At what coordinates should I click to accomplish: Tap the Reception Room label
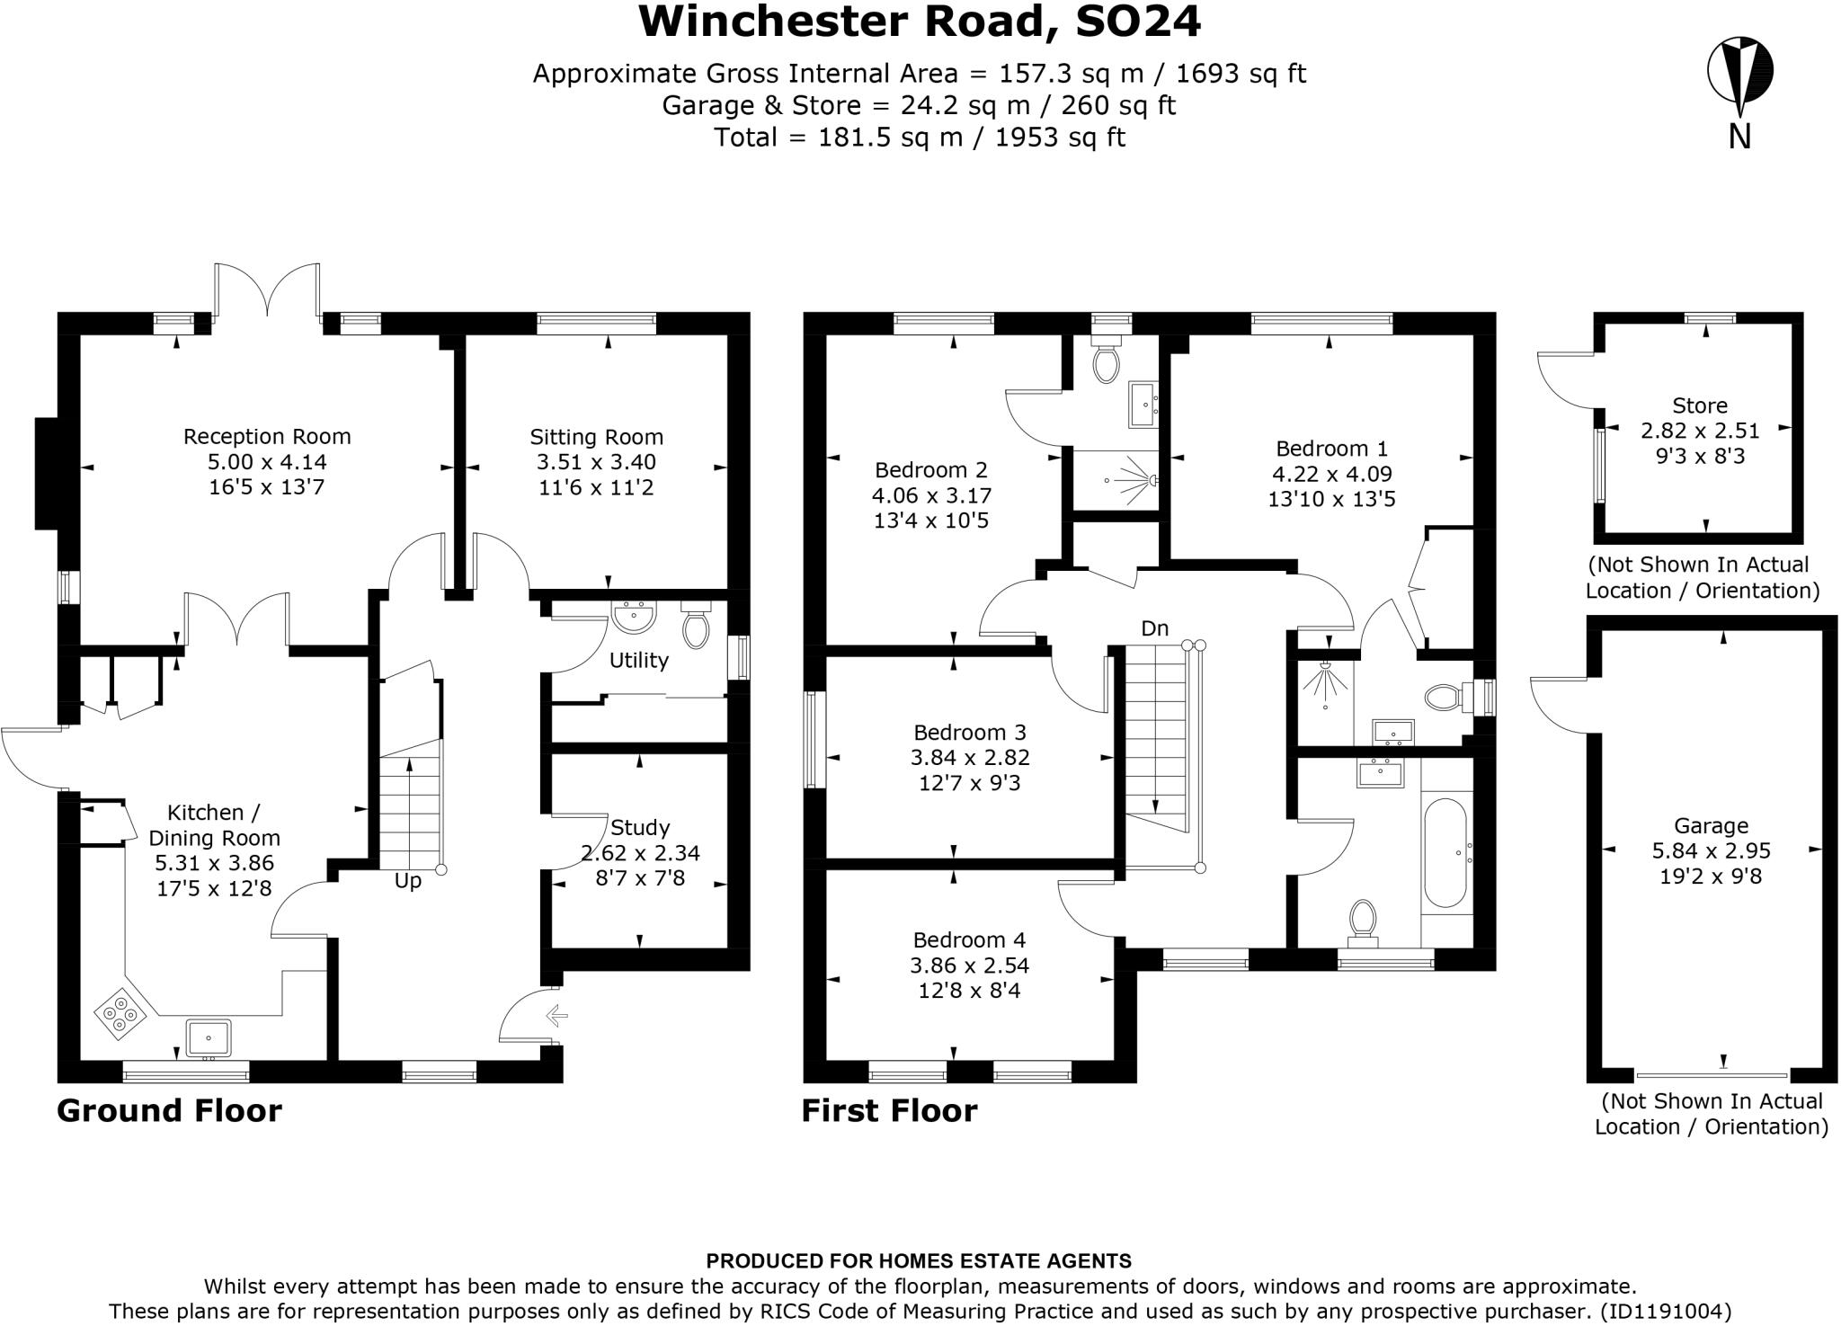(267, 437)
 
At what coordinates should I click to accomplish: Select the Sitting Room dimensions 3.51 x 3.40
(596, 462)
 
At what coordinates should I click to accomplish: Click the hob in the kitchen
(120, 1014)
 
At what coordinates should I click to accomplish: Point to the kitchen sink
(209, 1037)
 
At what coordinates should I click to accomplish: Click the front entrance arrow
(556, 1016)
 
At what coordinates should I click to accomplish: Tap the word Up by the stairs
(407, 881)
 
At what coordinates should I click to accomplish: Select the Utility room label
(638, 661)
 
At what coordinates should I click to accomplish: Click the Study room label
(639, 827)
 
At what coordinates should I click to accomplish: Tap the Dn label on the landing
(1154, 628)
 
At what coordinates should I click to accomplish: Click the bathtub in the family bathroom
(1445, 852)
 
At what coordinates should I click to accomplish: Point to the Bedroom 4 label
(968, 940)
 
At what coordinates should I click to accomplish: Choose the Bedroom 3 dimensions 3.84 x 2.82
(969, 758)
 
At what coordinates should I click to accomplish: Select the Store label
(1699, 405)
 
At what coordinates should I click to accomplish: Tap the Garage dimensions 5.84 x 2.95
(1711, 850)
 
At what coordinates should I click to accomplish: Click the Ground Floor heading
(169, 1111)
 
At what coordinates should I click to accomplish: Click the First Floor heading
(889, 1111)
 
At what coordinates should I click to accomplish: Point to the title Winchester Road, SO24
(919, 22)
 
